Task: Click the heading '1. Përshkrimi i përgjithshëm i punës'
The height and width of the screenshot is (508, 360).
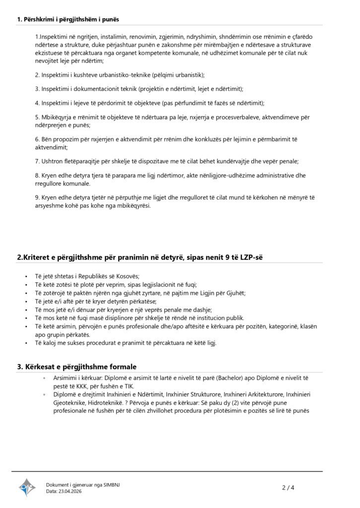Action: tap(68, 19)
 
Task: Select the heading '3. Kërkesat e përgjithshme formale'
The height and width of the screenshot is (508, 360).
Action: tap(77, 367)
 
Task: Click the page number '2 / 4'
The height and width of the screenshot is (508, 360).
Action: tap(288, 487)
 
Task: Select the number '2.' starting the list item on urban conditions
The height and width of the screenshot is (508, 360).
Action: tap(38, 74)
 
